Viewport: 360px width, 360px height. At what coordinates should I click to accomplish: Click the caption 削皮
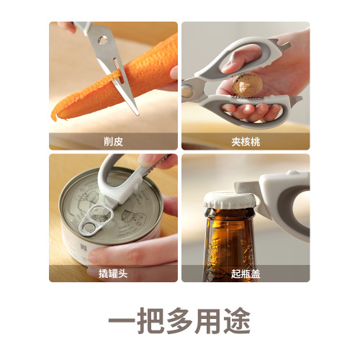(x=113, y=142)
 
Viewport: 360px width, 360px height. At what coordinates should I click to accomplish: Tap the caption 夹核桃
(x=246, y=142)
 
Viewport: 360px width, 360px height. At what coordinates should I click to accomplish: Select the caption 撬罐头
(x=113, y=274)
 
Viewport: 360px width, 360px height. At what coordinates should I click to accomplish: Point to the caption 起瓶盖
(x=246, y=274)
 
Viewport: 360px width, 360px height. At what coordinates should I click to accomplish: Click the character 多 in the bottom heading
(x=179, y=320)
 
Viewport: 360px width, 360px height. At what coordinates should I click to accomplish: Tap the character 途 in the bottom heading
(x=237, y=320)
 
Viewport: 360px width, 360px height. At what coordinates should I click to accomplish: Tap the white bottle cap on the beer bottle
(x=230, y=199)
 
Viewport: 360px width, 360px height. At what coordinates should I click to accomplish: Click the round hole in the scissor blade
(x=102, y=40)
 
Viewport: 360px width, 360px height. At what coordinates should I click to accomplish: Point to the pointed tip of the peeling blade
(x=137, y=114)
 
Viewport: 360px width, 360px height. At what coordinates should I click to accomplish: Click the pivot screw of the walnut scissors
(x=187, y=91)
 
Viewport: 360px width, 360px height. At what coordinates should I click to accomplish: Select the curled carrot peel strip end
(x=54, y=116)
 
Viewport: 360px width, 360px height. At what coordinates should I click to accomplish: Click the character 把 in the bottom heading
(x=150, y=320)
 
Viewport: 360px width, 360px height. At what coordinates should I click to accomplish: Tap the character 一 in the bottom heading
(x=122, y=320)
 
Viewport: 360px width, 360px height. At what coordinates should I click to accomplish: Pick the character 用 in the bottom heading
(x=208, y=320)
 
